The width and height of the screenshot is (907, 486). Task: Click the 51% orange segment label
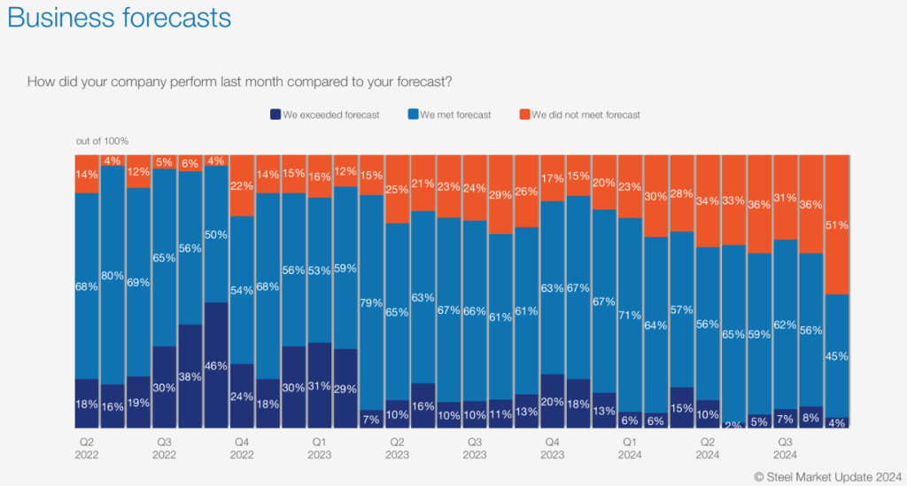point(837,225)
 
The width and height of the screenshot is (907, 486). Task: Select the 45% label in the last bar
point(837,357)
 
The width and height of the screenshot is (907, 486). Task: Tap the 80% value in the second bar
point(112,275)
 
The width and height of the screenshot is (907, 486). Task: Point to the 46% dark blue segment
point(217,365)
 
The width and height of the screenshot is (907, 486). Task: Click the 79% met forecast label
point(372,303)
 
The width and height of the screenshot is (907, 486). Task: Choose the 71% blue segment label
point(630,315)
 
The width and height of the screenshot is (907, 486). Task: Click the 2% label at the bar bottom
point(734,424)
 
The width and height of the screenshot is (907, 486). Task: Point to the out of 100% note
point(102,141)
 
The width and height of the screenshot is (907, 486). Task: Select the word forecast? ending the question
point(422,82)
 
